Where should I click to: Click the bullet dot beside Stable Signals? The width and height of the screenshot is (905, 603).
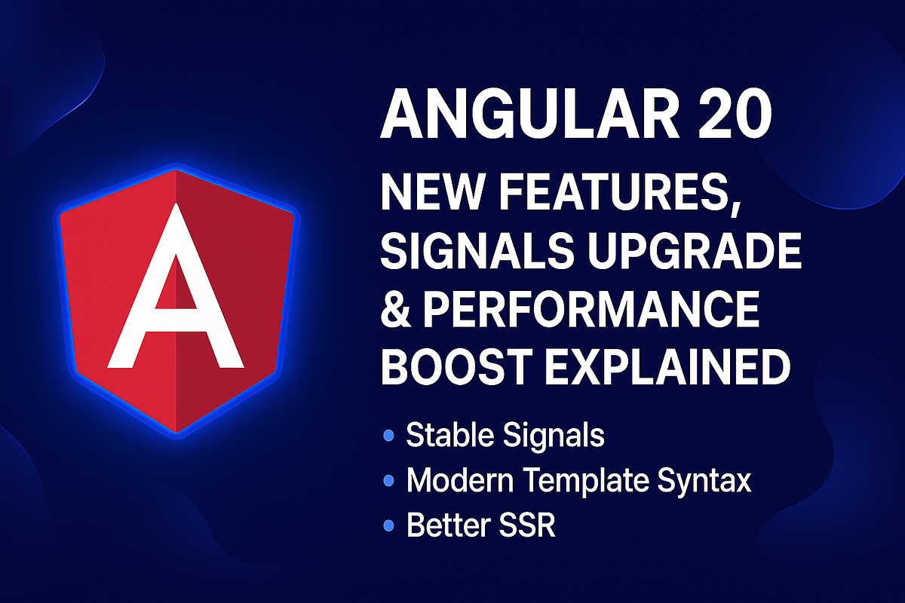click(389, 435)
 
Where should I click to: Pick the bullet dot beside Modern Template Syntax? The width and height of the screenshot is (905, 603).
click(389, 480)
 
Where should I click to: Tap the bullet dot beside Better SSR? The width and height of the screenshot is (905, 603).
click(389, 525)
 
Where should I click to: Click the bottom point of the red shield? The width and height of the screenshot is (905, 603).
click(176, 430)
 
